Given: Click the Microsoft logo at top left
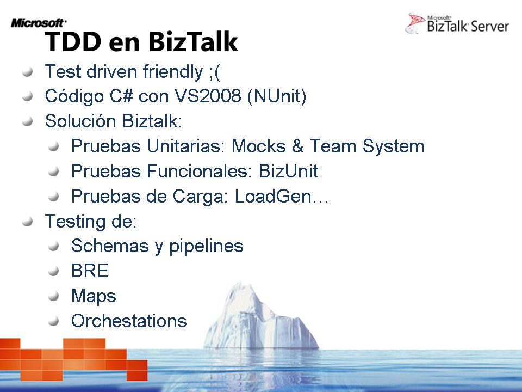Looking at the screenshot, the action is (39, 23).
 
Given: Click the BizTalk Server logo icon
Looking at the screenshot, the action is (415, 23).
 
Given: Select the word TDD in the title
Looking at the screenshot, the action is (73, 42).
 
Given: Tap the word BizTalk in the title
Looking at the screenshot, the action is (193, 41).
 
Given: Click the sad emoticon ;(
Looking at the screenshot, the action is (215, 72).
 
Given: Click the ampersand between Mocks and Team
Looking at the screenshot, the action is (297, 146).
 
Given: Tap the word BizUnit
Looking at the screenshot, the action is (288, 171).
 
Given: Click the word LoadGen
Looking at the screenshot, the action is (273, 196).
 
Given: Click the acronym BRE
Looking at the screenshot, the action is (90, 271).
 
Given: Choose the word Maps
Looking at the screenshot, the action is (94, 296).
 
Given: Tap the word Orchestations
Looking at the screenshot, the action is (129, 321).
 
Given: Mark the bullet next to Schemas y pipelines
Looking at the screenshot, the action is (53, 246).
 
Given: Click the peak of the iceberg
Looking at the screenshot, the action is (239, 283).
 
